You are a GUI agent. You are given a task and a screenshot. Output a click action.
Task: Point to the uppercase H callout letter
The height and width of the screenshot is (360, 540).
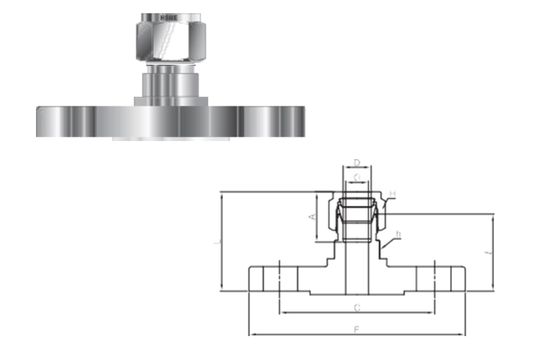tap(393, 193)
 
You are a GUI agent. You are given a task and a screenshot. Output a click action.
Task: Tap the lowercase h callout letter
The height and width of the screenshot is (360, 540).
tap(398, 234)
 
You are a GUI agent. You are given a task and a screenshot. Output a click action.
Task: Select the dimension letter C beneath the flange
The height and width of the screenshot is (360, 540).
tap(356, 306)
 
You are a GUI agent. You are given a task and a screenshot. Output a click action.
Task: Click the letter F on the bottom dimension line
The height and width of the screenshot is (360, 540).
tap(356, 328)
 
